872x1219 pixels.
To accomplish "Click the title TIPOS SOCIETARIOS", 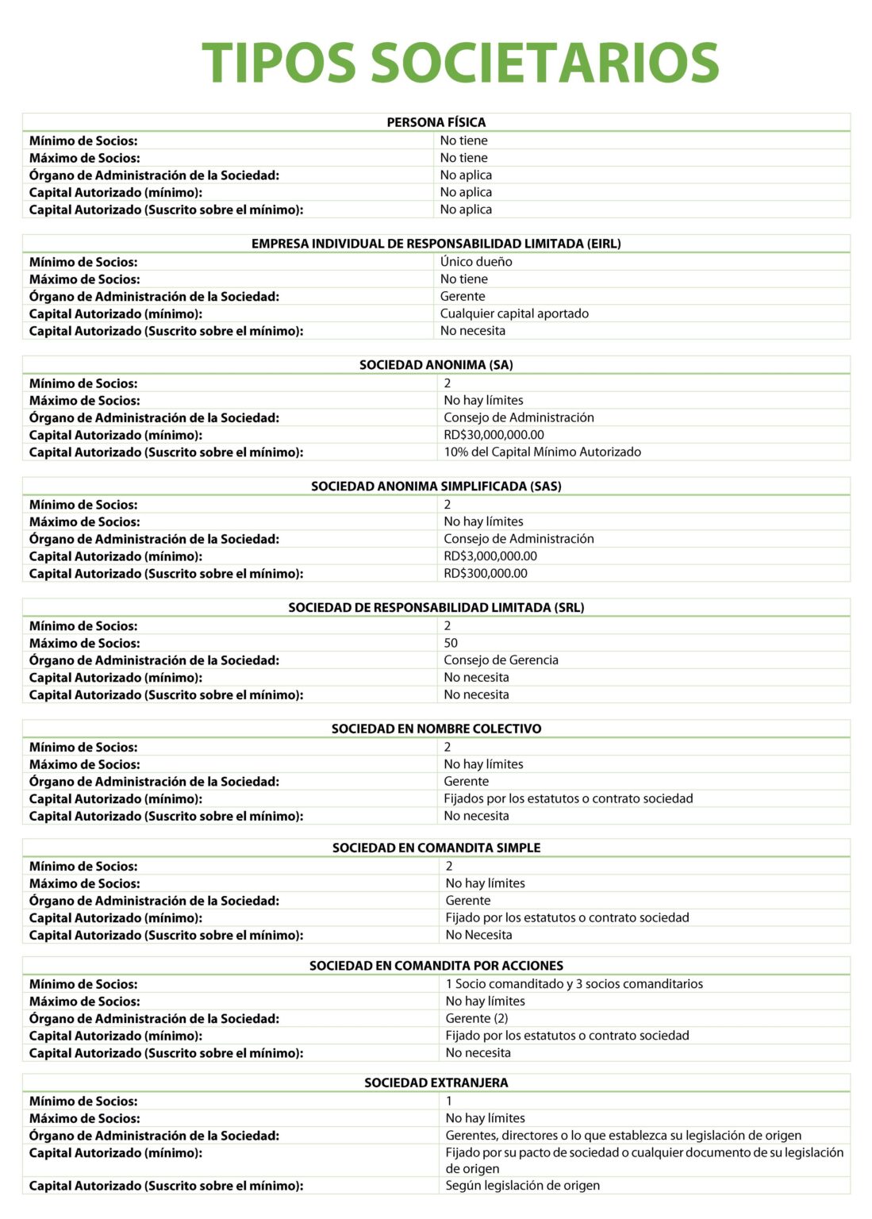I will (x=460, y=63).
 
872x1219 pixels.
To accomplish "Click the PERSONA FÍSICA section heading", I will (x=436, y=122).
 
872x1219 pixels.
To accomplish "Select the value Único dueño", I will (x=476, y=262).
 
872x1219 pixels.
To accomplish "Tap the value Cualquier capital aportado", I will (x=514, y=313).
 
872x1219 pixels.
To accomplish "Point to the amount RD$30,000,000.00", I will (x=494, y=435).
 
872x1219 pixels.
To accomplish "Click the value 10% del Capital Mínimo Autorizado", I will (x=542, y=452).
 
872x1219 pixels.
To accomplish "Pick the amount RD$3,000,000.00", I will (x=490, y=556).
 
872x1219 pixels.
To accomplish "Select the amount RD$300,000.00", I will (x=486, y=574).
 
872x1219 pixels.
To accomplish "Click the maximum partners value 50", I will (x=451, y=643).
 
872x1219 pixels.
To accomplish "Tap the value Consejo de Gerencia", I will (x=501, y=660).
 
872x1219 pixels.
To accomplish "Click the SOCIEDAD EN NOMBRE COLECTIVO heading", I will (x=436, y=729).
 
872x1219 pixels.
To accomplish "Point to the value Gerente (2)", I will (x=477, y=1018).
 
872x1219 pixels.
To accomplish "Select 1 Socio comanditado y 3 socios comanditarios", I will (x=574, y=984).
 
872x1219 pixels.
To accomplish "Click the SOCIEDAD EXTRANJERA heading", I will (x=436, y=1082).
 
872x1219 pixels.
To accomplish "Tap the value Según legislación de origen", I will (x=522, y=1186).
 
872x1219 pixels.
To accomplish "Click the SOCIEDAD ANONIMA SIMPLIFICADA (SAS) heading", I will (x=436, y=486).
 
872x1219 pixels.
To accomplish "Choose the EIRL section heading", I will (x=436, y=244).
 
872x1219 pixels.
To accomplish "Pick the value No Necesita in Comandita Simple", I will (x=478, y=935).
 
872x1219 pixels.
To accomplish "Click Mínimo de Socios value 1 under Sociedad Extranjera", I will (x=449, y=1102).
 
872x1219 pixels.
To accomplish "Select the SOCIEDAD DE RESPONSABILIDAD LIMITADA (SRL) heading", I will (x=436, y=608).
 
